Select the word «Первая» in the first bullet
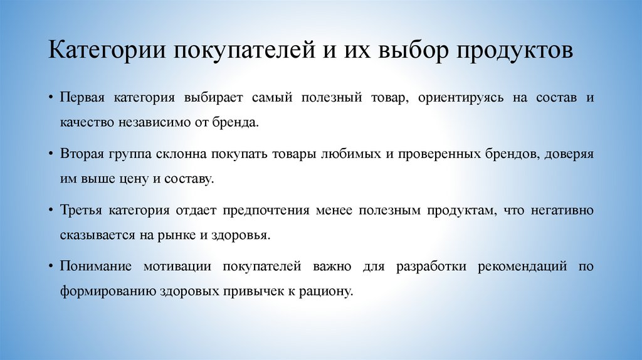point(82,98)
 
